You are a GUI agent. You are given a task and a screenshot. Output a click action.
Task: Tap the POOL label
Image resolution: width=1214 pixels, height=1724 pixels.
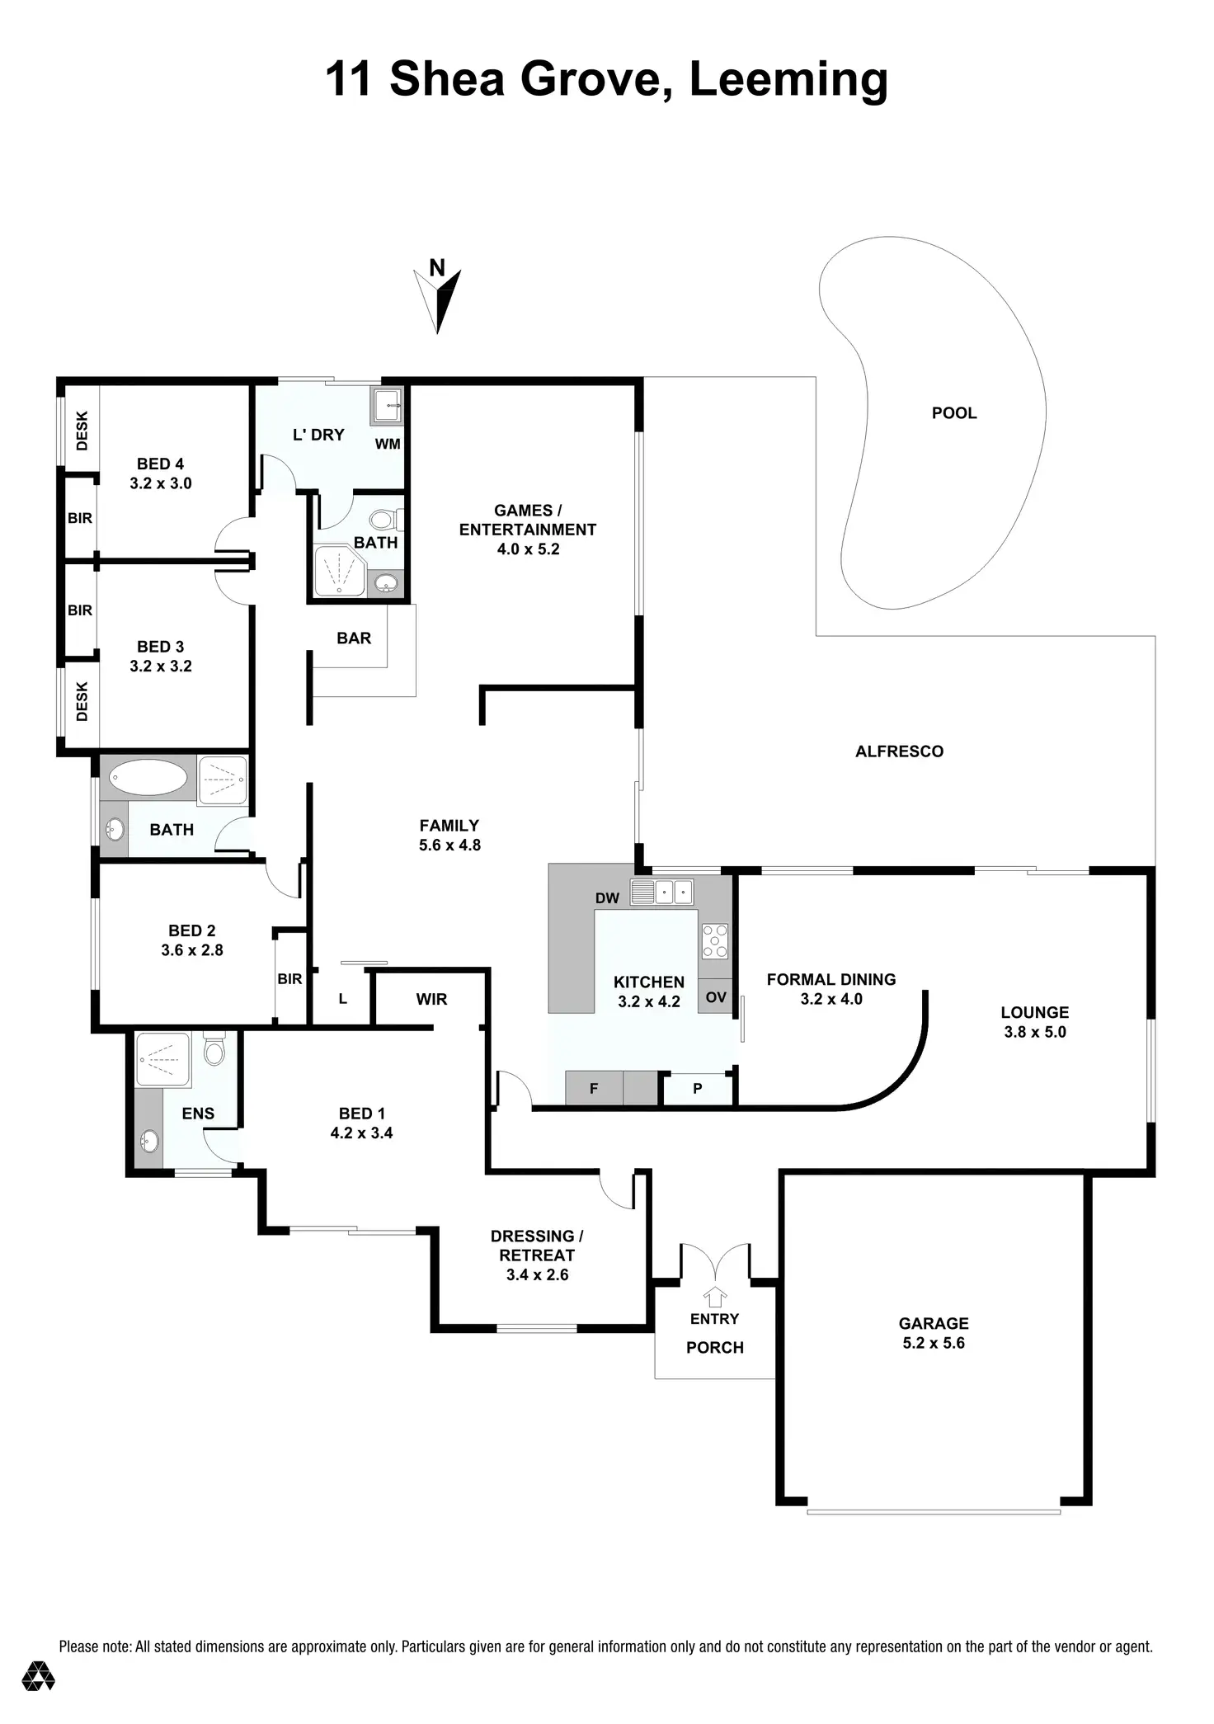pyautogui.click(x=953, y=413)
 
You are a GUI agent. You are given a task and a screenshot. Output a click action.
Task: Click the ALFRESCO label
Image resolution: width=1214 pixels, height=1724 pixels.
pyautogui.click(x=899, y=751)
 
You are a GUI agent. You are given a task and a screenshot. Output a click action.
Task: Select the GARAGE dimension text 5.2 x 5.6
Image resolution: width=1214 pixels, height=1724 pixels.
pyautogui.click(x=933, y=1343)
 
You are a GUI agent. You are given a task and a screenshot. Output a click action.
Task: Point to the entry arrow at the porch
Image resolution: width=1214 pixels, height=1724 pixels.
pyautogui.click(x=715, y=1296)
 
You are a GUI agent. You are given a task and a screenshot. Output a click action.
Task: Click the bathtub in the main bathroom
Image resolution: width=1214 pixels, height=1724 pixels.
pyautogui.click(x=148, y=777)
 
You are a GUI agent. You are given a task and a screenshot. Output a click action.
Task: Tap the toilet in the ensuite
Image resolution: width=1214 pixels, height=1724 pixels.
pyautogui.click(x=214, y=1051)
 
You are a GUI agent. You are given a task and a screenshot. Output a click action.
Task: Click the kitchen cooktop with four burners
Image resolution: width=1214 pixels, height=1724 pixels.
pyautogui.click(x=714, y=941)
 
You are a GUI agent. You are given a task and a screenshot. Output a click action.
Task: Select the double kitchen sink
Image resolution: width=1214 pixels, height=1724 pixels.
pyautogui.click(x=661, y=892)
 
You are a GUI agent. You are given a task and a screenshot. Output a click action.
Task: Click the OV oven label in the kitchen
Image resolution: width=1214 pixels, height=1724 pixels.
pyautogui.click(x=716, y=997)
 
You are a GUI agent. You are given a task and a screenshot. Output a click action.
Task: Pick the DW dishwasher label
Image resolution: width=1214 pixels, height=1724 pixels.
pyautogui.click(x=607, y=898)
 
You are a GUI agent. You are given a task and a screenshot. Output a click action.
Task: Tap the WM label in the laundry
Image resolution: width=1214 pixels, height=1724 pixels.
pyautogui.click(x=388, y=444)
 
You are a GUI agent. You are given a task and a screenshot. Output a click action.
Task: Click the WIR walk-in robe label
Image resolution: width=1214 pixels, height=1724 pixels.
pyautogui.click(x=431, y=1000)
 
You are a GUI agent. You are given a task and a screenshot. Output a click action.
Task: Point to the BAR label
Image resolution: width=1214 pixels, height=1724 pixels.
pyautogui.click(x=354, y=638)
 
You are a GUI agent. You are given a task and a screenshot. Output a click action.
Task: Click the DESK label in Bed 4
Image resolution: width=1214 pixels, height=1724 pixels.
pyautogui.click(x=82, y=431)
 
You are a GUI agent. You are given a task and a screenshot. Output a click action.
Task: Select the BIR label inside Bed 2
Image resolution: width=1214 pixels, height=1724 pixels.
pyautogui.click(x=289, y=979)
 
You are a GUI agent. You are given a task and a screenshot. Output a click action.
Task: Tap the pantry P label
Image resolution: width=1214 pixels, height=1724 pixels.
pyautogui.click(x=698, y=1089)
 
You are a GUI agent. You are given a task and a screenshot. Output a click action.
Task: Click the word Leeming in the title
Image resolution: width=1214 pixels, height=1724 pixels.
pyautogui.click(x=788, y=80)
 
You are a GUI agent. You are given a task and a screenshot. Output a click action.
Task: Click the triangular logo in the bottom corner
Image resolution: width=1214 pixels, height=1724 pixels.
pyautogui.click(x=39, y=1675)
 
